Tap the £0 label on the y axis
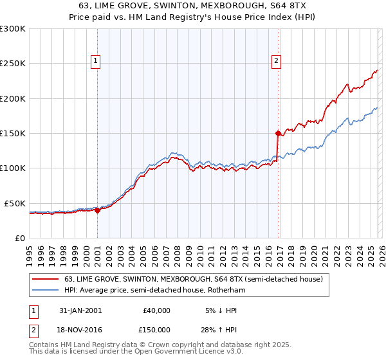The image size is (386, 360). click(19, 238)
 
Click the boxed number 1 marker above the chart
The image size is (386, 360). click(95, 61)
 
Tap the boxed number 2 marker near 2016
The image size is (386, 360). click(276, 61)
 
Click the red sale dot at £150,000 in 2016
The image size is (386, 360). click(278, 134)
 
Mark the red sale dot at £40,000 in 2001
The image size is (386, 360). click(98, 210)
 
